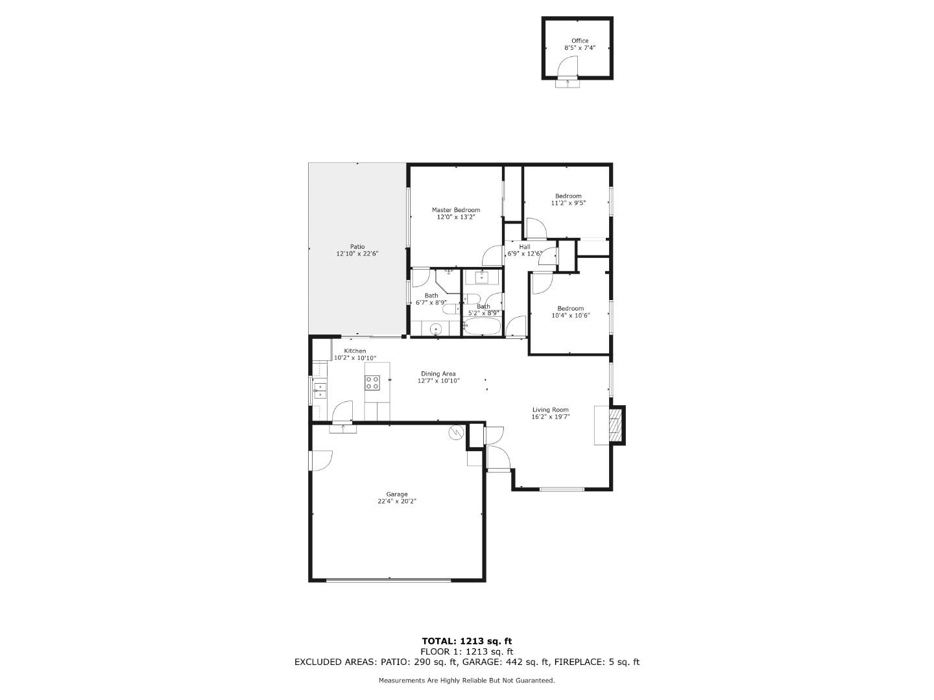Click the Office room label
[579, 41]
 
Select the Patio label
[357, 246]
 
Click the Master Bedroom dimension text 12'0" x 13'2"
[456, 217]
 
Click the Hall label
[524, 246]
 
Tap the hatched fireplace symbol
[616, 425]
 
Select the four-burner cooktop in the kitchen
[372, 382]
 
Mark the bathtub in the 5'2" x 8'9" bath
[483, 327]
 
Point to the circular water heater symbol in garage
[457, 432]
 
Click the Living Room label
[550, 410]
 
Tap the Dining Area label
[438, 373]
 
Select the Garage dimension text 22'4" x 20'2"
[397, 501]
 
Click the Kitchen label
[355, 351]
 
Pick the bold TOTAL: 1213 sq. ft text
[466, 642]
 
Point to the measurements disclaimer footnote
[466, 681]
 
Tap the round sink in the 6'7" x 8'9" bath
[437, 329]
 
